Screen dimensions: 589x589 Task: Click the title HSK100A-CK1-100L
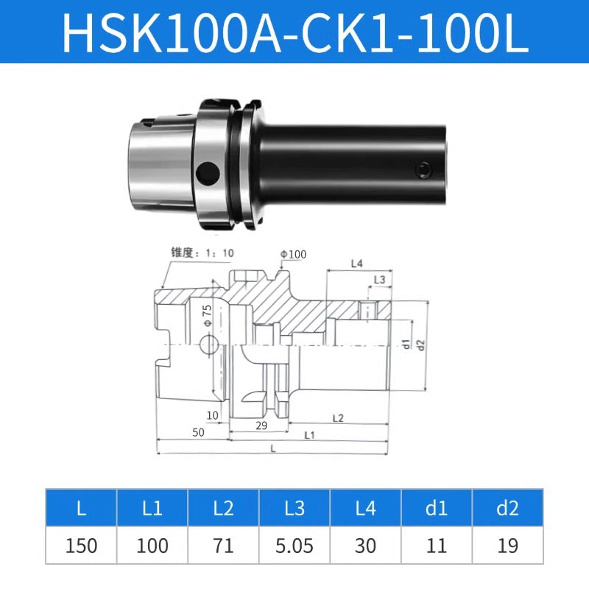tap(294, 32)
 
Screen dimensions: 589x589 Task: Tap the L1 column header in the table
tap(152, 507)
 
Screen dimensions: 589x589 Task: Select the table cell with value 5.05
tap(294, 546)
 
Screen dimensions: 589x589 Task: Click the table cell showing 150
tap(81, 546)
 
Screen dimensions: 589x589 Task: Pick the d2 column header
tap(508, 507)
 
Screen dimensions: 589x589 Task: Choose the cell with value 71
tap(223, 546)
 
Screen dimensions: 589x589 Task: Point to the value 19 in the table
tap(508, 546)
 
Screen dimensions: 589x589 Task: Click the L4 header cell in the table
tap(366, 507)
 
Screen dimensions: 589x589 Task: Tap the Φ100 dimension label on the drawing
tap(293, 255)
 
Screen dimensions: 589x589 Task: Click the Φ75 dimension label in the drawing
tap(208, 314)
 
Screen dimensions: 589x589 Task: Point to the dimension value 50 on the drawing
tap(198, 433)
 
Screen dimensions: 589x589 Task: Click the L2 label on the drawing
tap(338, 417)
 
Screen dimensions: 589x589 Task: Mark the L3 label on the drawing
tap(380, 280)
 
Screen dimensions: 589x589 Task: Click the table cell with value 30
tap(366, 546)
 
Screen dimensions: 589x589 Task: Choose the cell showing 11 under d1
tap(437, 546)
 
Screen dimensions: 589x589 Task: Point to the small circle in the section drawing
tap(209, 344)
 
